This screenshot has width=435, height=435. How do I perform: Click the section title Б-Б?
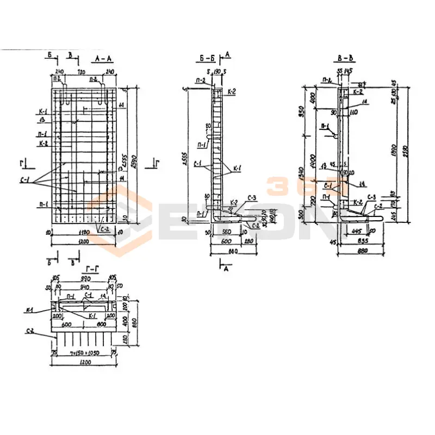coord(208,57)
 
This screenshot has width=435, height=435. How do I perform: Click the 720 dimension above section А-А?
coord(82,71)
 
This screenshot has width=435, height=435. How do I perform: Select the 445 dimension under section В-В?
coord(357,231)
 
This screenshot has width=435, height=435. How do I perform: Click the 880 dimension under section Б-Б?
coord(234,252)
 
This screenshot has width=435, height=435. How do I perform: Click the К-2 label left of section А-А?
coord(43,144)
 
